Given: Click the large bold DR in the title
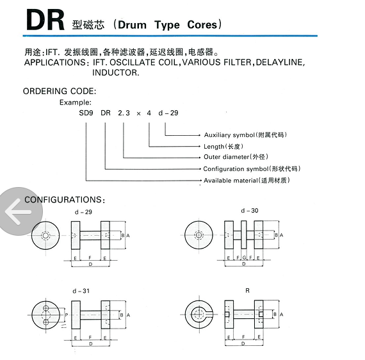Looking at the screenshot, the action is [45, 20].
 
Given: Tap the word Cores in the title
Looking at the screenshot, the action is [202, 25].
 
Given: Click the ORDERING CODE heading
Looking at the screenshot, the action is [60, 91].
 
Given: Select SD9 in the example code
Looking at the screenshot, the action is [86, 113].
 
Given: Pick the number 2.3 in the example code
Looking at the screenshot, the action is [124, 113].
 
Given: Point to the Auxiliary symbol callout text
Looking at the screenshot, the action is [245, 135].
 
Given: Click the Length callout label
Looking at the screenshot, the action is [223, 147].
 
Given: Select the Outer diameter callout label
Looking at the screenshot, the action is [236, 157].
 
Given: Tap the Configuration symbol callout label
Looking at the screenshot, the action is [252, 168].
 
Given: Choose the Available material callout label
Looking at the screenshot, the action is [247, 180].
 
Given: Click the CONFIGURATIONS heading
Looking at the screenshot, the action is [65, 200].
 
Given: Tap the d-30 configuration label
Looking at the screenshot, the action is [250, 211].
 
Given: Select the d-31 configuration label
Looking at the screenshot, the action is [81, 291].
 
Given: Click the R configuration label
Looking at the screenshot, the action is [247, 291].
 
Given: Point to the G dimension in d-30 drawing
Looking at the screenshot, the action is [244, 258].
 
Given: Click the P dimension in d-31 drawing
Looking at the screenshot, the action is [67, 315].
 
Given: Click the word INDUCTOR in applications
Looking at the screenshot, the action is [116, 72].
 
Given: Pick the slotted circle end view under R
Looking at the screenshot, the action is [199, 315].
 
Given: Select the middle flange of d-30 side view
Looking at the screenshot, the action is [244, 234].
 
